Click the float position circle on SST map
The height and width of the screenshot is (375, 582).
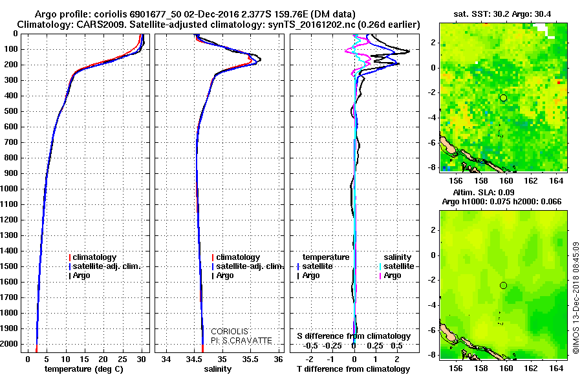coord(503,98)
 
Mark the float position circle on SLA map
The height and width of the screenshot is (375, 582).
coord(503,285)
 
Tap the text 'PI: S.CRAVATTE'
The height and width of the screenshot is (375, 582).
coord(241,340)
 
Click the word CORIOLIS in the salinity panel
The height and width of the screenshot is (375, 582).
coord(230,331)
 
